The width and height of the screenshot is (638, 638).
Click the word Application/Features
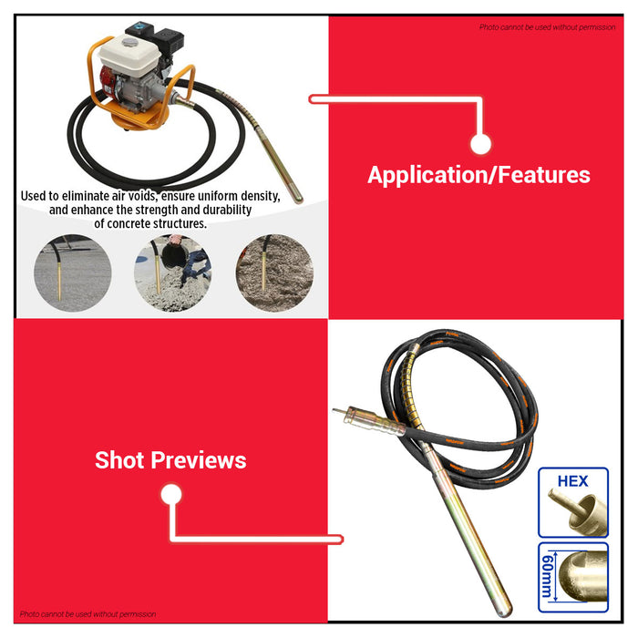(478, 175)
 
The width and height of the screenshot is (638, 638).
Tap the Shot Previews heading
(170, 460)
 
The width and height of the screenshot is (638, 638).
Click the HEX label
(572, 481)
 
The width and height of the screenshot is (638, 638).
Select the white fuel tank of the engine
(129, 56)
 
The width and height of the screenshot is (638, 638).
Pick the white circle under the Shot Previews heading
(171, 494)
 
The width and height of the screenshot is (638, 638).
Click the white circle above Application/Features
(480, 144)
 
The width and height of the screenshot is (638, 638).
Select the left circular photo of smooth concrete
(72, 273)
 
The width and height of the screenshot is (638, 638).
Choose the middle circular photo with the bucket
(173, 273)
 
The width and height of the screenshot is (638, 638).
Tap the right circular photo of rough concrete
(274, 273)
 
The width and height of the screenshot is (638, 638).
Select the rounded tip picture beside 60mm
(582, 576)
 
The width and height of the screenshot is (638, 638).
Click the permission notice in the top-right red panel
(547, 27)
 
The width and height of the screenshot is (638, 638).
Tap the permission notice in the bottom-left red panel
(87, 614)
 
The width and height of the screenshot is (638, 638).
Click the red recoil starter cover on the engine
(107, 85)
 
